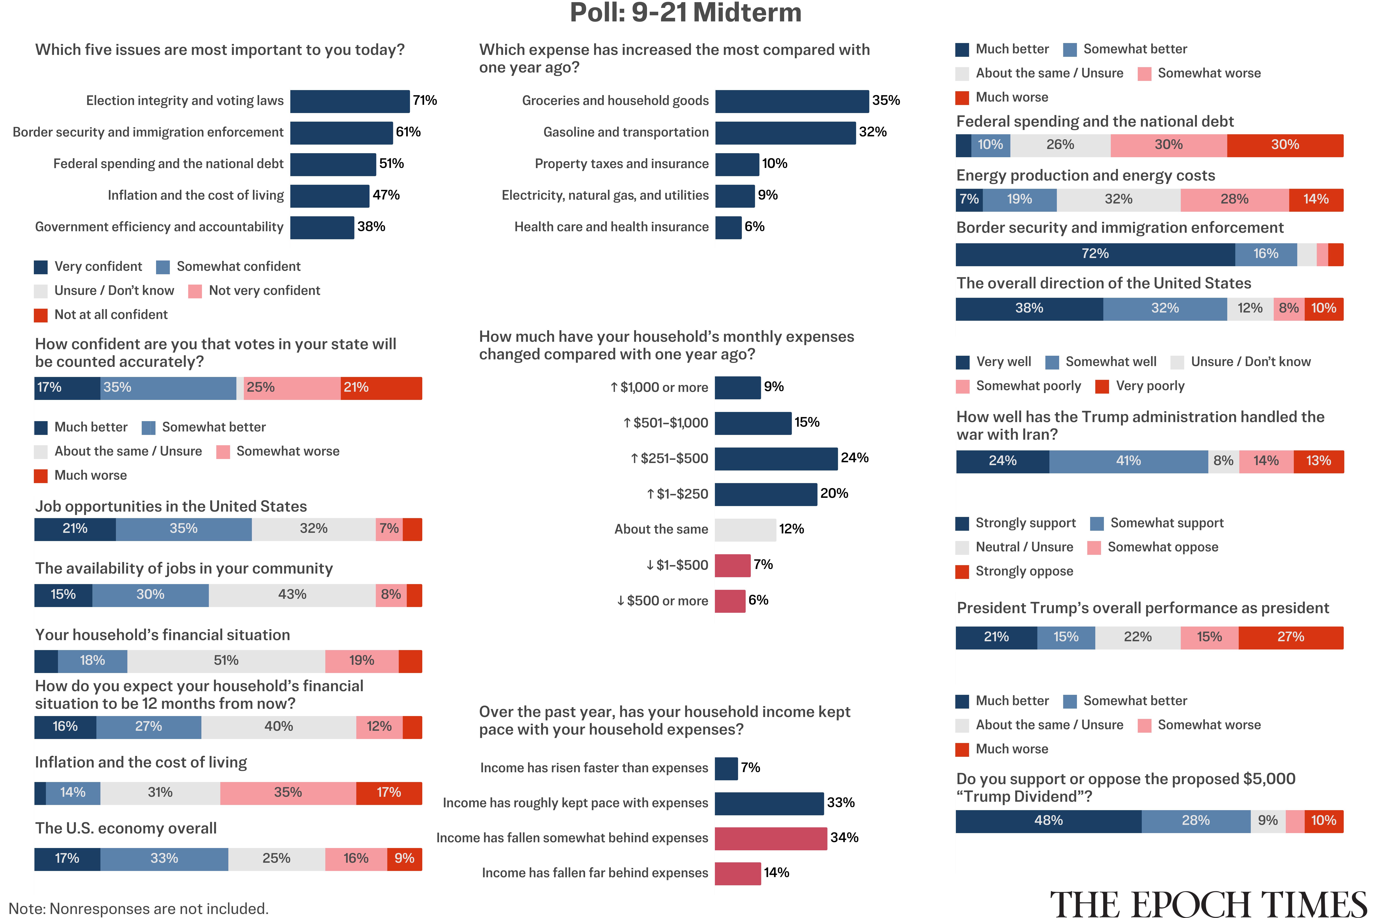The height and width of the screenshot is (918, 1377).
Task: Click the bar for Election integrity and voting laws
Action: (350, 101)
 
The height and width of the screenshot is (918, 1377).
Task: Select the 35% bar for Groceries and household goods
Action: (792, 101)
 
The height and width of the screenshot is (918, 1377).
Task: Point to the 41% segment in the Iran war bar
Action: (1128, 461)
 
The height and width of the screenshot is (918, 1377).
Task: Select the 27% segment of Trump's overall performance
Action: (1290, 638)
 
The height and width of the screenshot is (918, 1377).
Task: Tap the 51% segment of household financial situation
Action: (226, 661)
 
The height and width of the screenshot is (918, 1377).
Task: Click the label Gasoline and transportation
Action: (626, 132)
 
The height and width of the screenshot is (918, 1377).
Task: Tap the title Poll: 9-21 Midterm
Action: (686, 13)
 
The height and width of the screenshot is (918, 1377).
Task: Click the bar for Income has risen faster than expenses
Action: (726, 769)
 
